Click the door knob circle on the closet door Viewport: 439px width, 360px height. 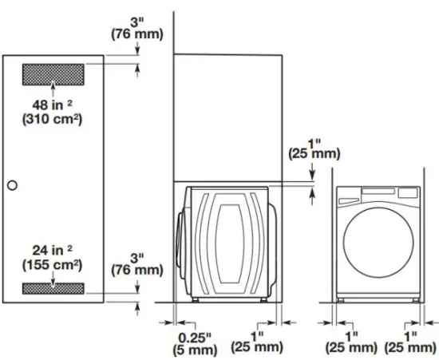12,185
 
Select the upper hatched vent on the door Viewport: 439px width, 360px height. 53,76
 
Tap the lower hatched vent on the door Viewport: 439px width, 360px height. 53,287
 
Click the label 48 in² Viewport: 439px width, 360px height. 53,105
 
